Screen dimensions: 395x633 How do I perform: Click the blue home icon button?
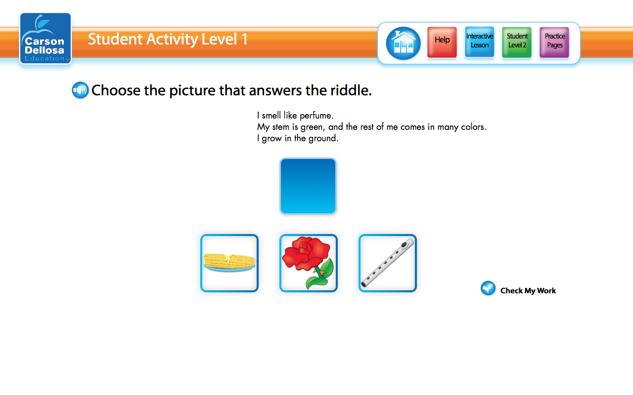pyautogui.click(x=403, y=43)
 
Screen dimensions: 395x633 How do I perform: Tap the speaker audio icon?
pyautogui.click(x=80, y=90)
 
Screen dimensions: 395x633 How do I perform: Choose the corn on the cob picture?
pyautogui.click(x=229, y=263)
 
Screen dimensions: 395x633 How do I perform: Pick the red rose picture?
pyautogui.click(x=309, y=263)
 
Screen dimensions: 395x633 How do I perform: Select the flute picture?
pyautogui.click(x=388, y=263)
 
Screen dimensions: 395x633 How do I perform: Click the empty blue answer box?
pyautogui.click(x=308, y=186)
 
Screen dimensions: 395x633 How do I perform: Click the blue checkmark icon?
pyautogui.click(x=488, y=288)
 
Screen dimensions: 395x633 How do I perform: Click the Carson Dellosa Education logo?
pyautogui.click(x=45, y=39)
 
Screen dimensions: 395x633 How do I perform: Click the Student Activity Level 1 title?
pyautogui.click(x=168, y=39)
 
